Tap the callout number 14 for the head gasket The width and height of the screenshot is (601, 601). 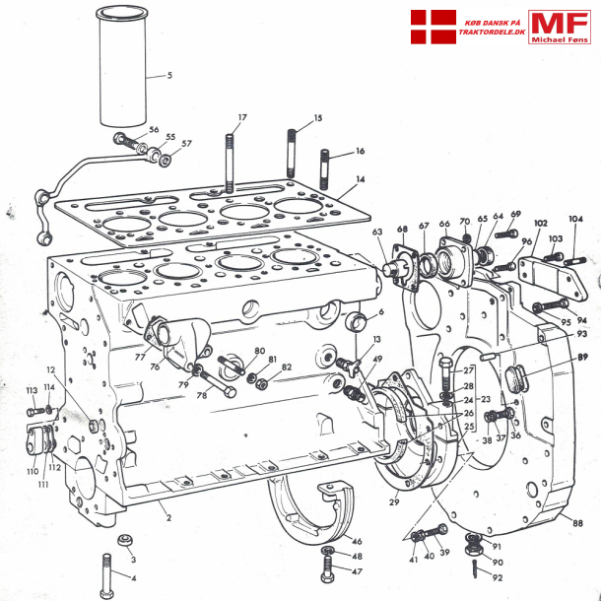361,179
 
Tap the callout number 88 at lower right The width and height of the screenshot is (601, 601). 577,523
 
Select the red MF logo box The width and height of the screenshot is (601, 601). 559,27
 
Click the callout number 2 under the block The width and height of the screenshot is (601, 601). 167,516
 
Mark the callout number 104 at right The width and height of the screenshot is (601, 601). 575,219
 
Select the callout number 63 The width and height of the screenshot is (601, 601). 377,232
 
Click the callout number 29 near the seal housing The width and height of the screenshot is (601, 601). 394,502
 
